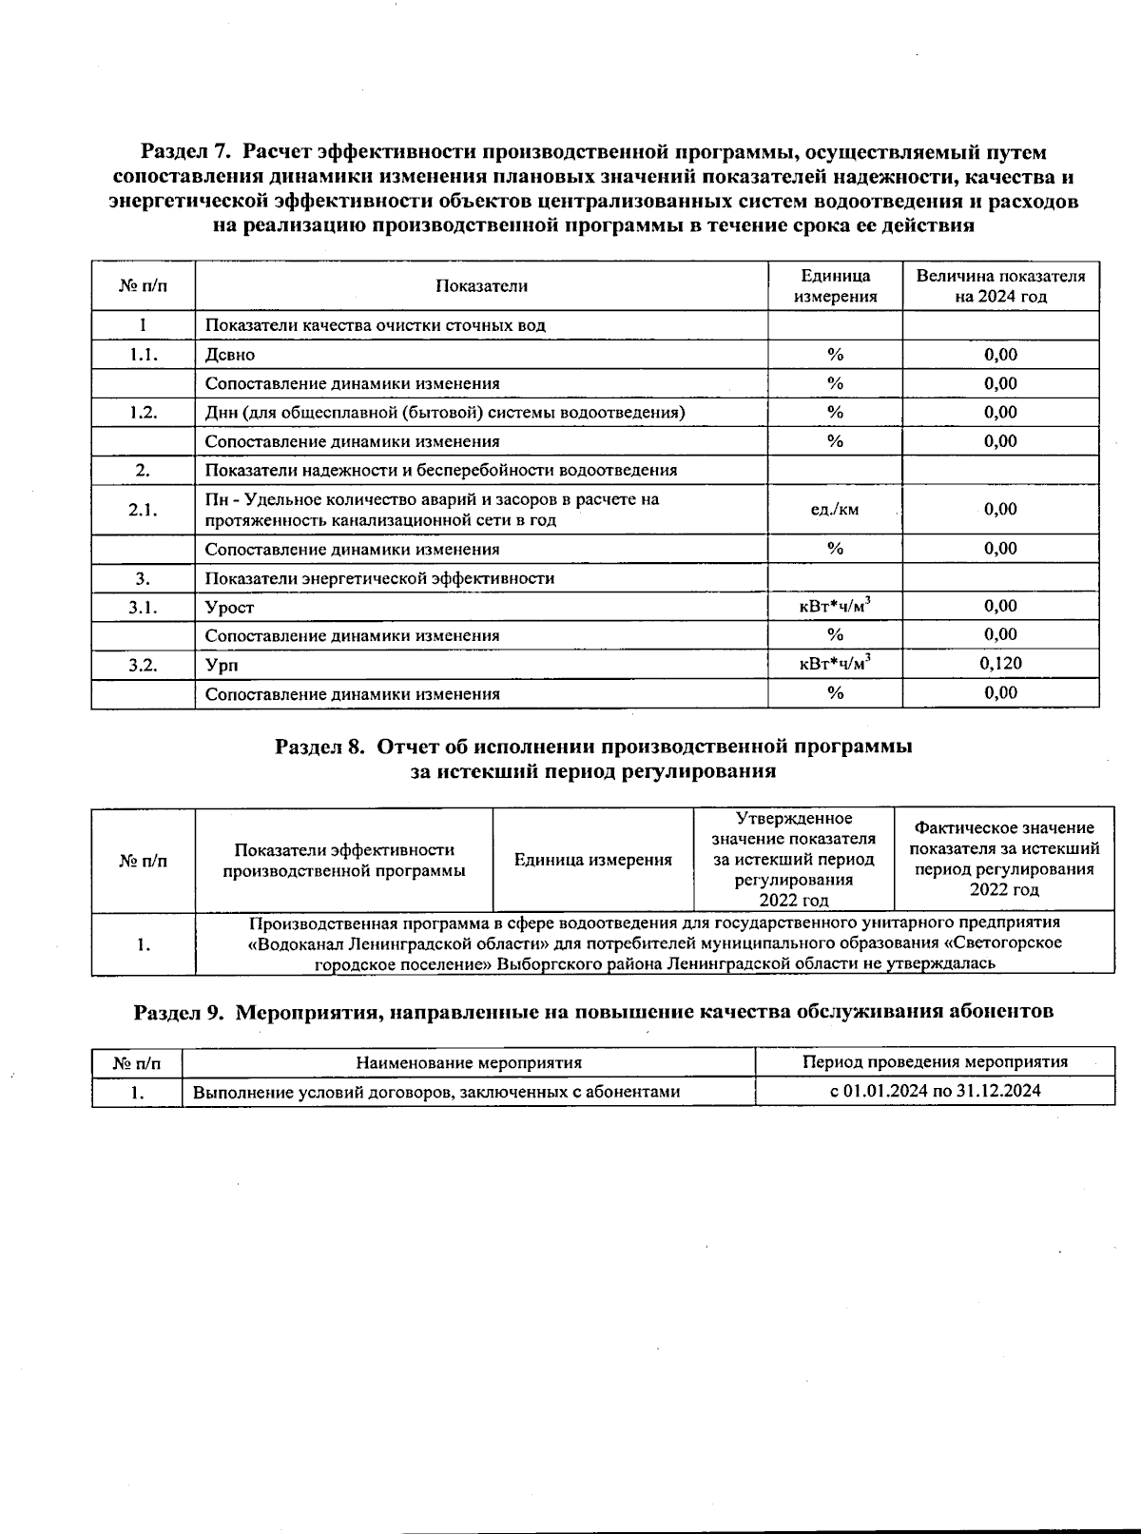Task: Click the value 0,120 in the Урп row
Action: pos(1000,664)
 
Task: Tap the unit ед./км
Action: pos(834,510)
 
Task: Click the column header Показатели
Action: pos(481,286)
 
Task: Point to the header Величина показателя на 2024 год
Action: pos(1000,286)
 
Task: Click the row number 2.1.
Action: pos(143,510)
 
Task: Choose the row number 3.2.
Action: pos(143,665)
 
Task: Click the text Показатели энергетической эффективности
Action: pos(379,578)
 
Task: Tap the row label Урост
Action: pos(230,608)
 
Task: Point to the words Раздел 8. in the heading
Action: pos(319,747)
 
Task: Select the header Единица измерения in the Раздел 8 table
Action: pos(592,860)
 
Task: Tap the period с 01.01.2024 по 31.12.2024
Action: pos(935,1091)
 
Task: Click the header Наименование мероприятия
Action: pos(468,1062)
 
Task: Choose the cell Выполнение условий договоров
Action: pos(435,1092)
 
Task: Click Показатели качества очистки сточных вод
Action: pos(376,325)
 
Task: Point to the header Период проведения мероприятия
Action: pos(935,1062)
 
